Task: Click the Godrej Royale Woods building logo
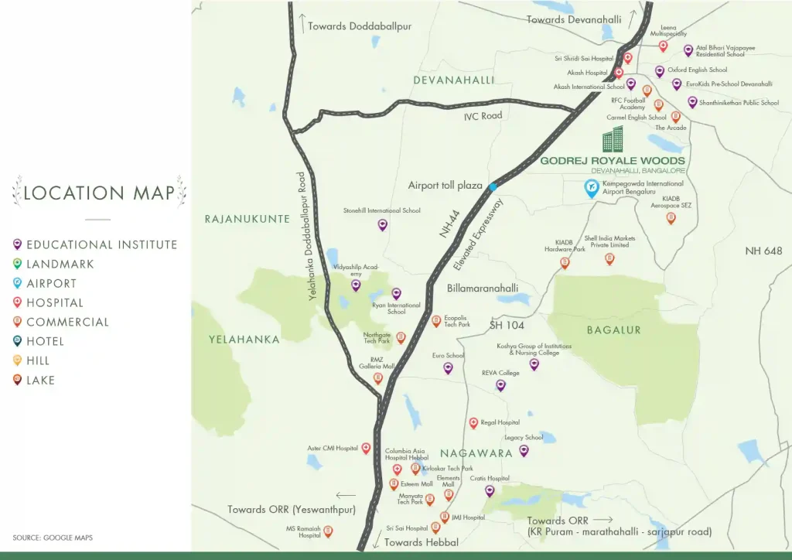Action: click(613, 140)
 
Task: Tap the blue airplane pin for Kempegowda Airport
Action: click(591, 188)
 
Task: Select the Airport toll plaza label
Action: click(445, 186)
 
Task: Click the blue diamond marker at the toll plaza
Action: click(493, 186)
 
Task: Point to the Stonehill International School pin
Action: click(382, 224)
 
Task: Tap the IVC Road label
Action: click(483, 116)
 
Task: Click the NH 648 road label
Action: click(763, 251)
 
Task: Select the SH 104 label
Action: click(507, 326)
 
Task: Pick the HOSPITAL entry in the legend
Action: click(54, 302)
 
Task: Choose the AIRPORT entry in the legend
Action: click(51, 283)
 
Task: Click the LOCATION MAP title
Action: click(99, 193)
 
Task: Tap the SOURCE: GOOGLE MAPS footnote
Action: click(53, 537)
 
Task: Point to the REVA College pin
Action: click(500, 384)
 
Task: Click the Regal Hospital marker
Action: click(473, 423)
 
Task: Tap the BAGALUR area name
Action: click(613, 330)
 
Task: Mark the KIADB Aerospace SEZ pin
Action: click(671, 218)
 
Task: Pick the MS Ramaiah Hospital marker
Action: click(328, 531)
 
